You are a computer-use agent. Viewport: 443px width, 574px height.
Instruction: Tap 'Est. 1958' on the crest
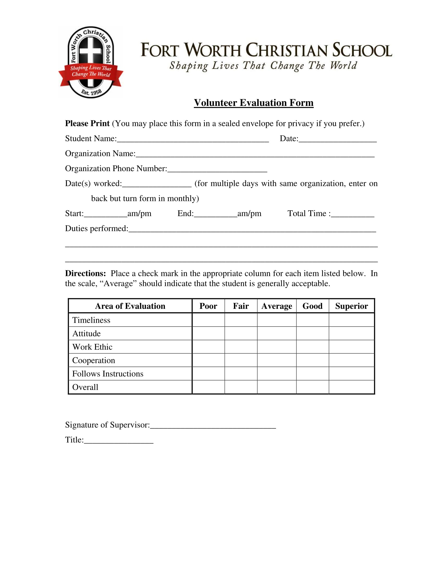(x=91, y=92)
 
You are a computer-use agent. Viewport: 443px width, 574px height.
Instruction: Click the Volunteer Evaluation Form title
(x=254, y=103)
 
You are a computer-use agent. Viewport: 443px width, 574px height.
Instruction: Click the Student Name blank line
(x=193, y=139)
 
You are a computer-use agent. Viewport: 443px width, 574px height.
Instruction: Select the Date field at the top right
(x=337, y=139)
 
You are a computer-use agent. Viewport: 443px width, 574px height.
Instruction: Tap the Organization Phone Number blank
(x=217, y=169)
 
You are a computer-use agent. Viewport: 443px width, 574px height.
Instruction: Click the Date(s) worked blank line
(x=157, y=184)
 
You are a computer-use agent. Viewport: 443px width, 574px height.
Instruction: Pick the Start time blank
(x=106, y=214)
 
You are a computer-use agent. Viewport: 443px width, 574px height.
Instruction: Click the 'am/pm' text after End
(x=249, y=213)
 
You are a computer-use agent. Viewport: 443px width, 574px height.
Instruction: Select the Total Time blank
(x=353, y=214)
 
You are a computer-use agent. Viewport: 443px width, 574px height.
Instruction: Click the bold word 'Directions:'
(x=85, y=274)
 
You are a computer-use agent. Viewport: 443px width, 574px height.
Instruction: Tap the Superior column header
(x=352, y=306)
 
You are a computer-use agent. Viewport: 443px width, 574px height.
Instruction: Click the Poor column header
(x=208, y=306)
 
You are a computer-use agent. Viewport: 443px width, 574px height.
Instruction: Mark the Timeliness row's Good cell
(x=312, y=320)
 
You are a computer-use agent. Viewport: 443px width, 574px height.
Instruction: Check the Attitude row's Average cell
(x=276, y=333)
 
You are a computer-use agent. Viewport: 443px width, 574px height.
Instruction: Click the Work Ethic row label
(x=93, y=347)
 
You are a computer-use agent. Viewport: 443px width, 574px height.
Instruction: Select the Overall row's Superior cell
(x=352, y=387)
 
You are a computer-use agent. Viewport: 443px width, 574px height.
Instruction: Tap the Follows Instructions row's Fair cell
(x=241, y=373)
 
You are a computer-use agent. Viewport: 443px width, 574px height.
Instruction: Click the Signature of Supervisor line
(x=213, y=426)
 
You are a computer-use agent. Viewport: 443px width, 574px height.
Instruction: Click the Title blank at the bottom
(x=119, y=441)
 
